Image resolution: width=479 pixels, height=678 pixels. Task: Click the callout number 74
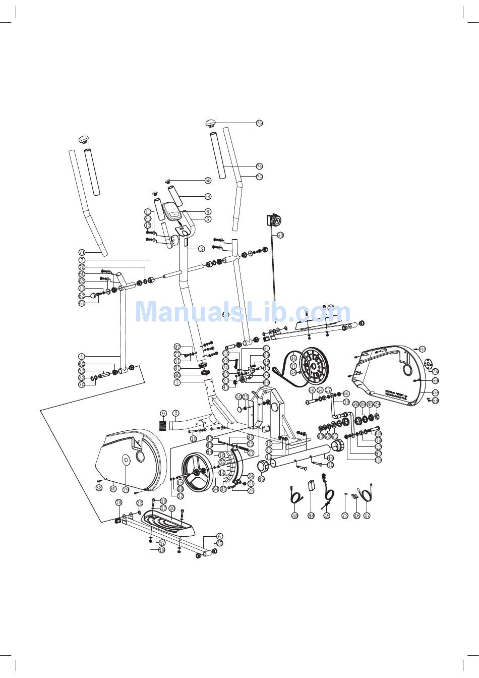pyautogui.click(x=259, y=166)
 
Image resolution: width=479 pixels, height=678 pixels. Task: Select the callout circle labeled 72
pyautogui.click(x=259, y=177)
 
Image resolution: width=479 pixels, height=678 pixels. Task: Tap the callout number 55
pyautogui.click(x=208, y=180)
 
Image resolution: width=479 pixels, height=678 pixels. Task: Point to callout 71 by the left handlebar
pyautogui.click(x=82, y=252)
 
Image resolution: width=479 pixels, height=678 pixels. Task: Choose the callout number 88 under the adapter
pyautogui.click(x=311, y=516)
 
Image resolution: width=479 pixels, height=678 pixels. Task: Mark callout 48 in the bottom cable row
pyautogui.click(x=295, y=516)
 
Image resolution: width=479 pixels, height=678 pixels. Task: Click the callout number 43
pyautogui.click(x=261, y=479)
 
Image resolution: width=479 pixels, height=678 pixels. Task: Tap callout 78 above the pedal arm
pyautogui.click(x=119, y=502)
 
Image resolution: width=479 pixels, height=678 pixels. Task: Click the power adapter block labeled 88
pyautogui.click(x=311, y=485)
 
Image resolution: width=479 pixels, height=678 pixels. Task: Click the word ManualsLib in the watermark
pyautogui.click(x=196, y=311)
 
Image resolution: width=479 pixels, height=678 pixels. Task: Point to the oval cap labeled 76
pyautogui.click(x=211, y=123)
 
